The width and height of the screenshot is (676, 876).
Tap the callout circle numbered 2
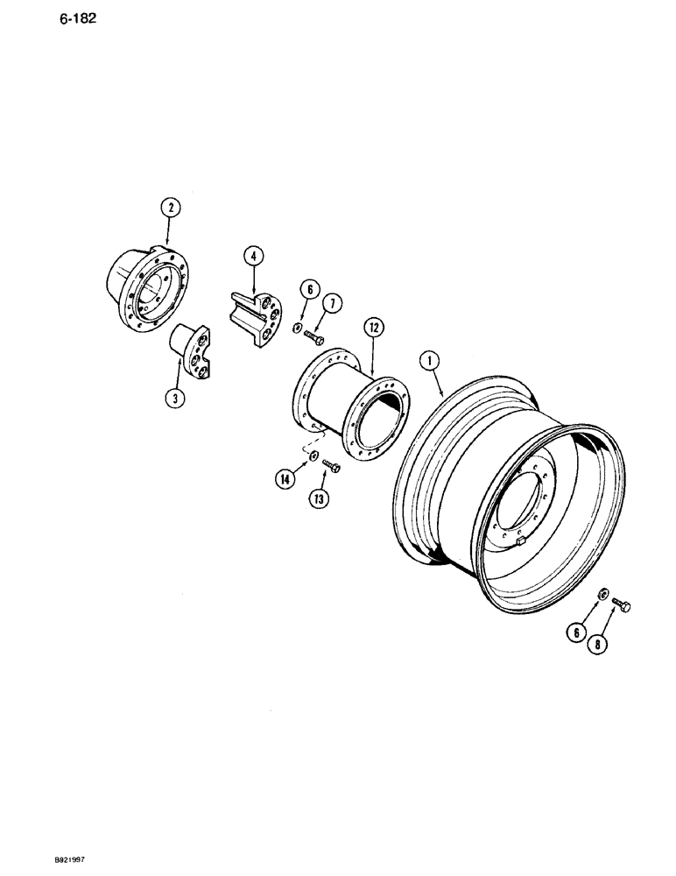[x=169, y=208]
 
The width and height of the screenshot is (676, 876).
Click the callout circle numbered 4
[x=252, y=257]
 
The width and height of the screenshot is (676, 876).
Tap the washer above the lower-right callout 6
[x=600, y=596]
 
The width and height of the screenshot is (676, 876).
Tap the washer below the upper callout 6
[x=299, y=328]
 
